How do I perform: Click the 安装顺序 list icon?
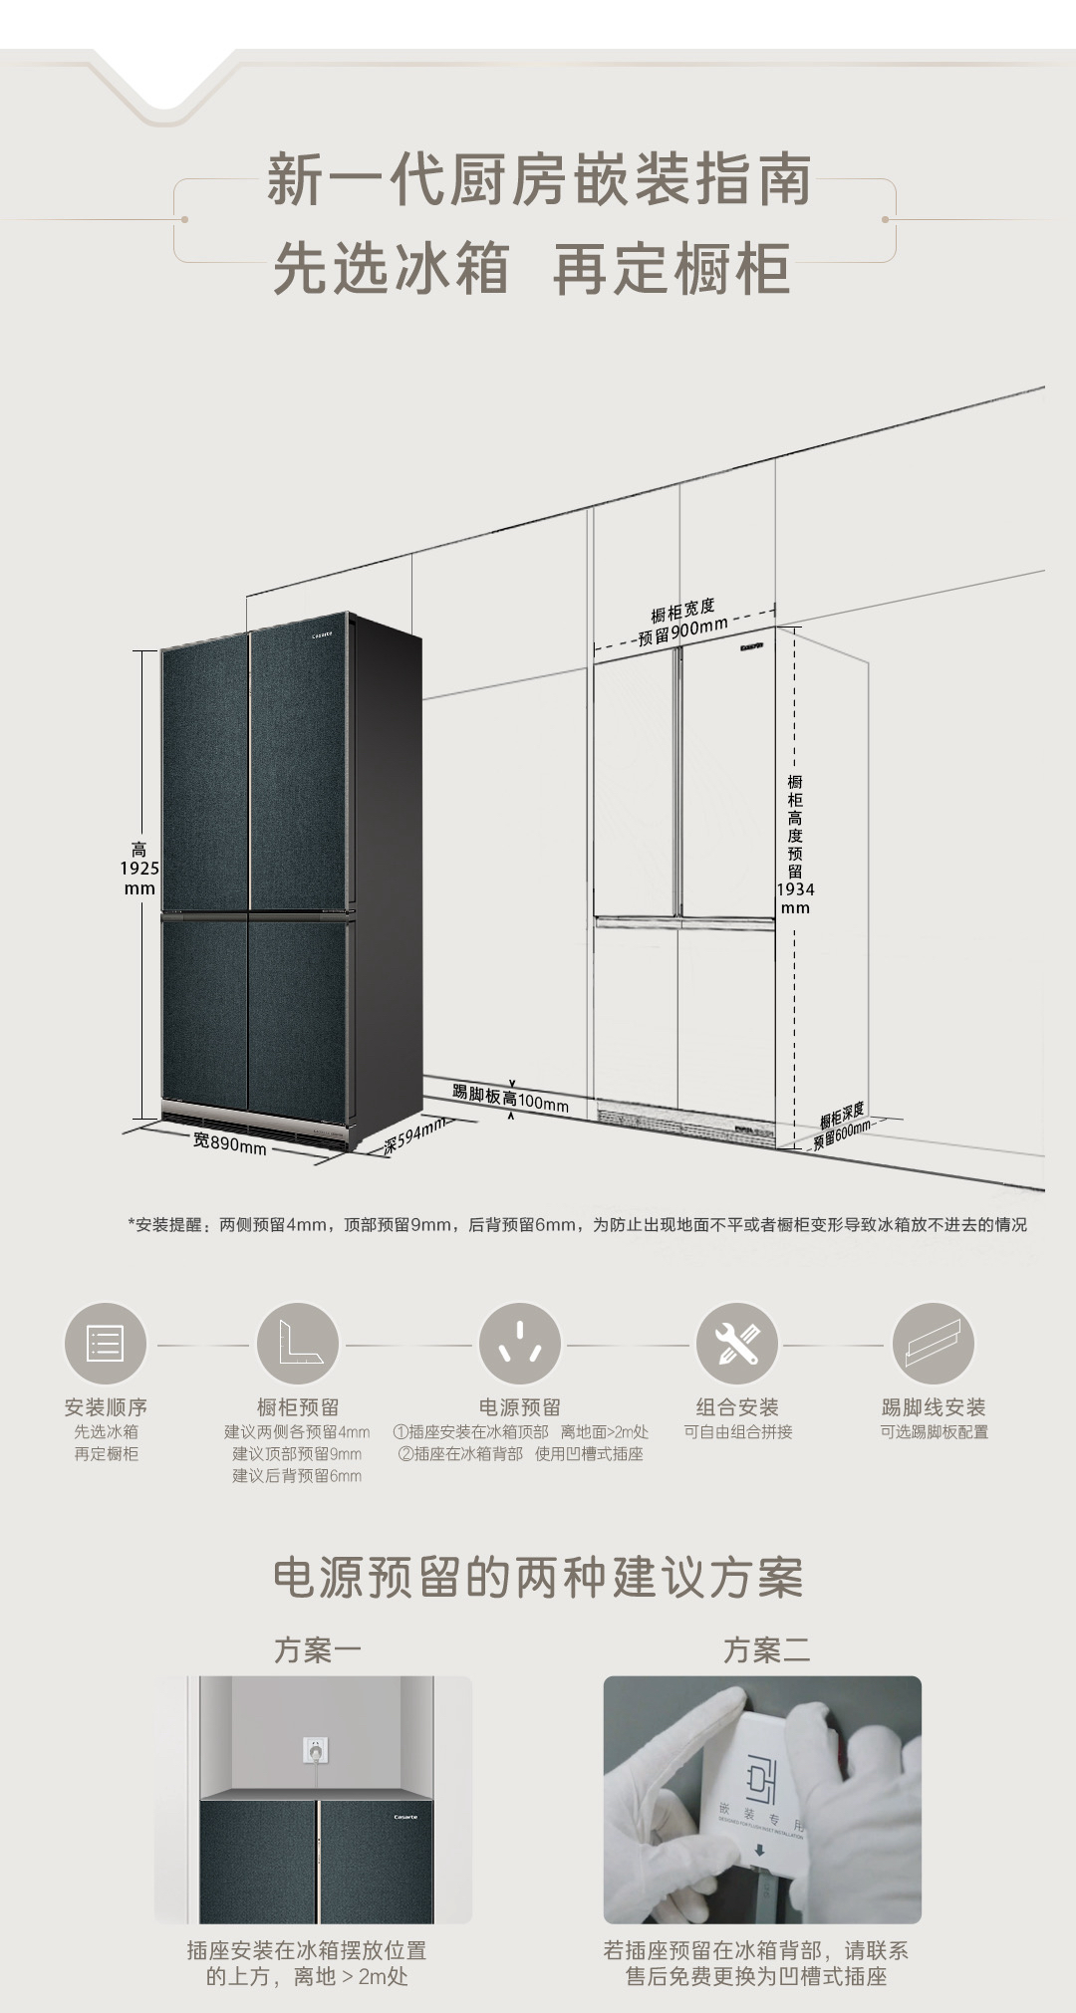[x=105, y=1344]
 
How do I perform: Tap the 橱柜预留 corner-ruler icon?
[x=297, y=1344]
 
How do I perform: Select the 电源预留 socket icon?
[x=519, y=1344]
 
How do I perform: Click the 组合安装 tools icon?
[x=736, y=1344]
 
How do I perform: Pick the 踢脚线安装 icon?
[x=933, y=1344]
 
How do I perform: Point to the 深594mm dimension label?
[x=413, y=1136]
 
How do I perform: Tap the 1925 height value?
[x=139, y=869]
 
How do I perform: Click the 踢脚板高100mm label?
[x=510, y=1099]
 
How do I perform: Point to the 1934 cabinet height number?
[x=795, y=889]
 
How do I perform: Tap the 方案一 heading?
[x=317, y=1649]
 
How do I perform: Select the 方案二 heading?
[x=766, y=1649]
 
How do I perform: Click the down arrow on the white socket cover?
[x=759, y=1851]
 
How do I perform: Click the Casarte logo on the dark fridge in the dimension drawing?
[x=328, y=631]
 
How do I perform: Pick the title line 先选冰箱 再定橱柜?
[x=532, y=268]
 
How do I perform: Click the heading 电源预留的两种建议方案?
[x=538, y=1577]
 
